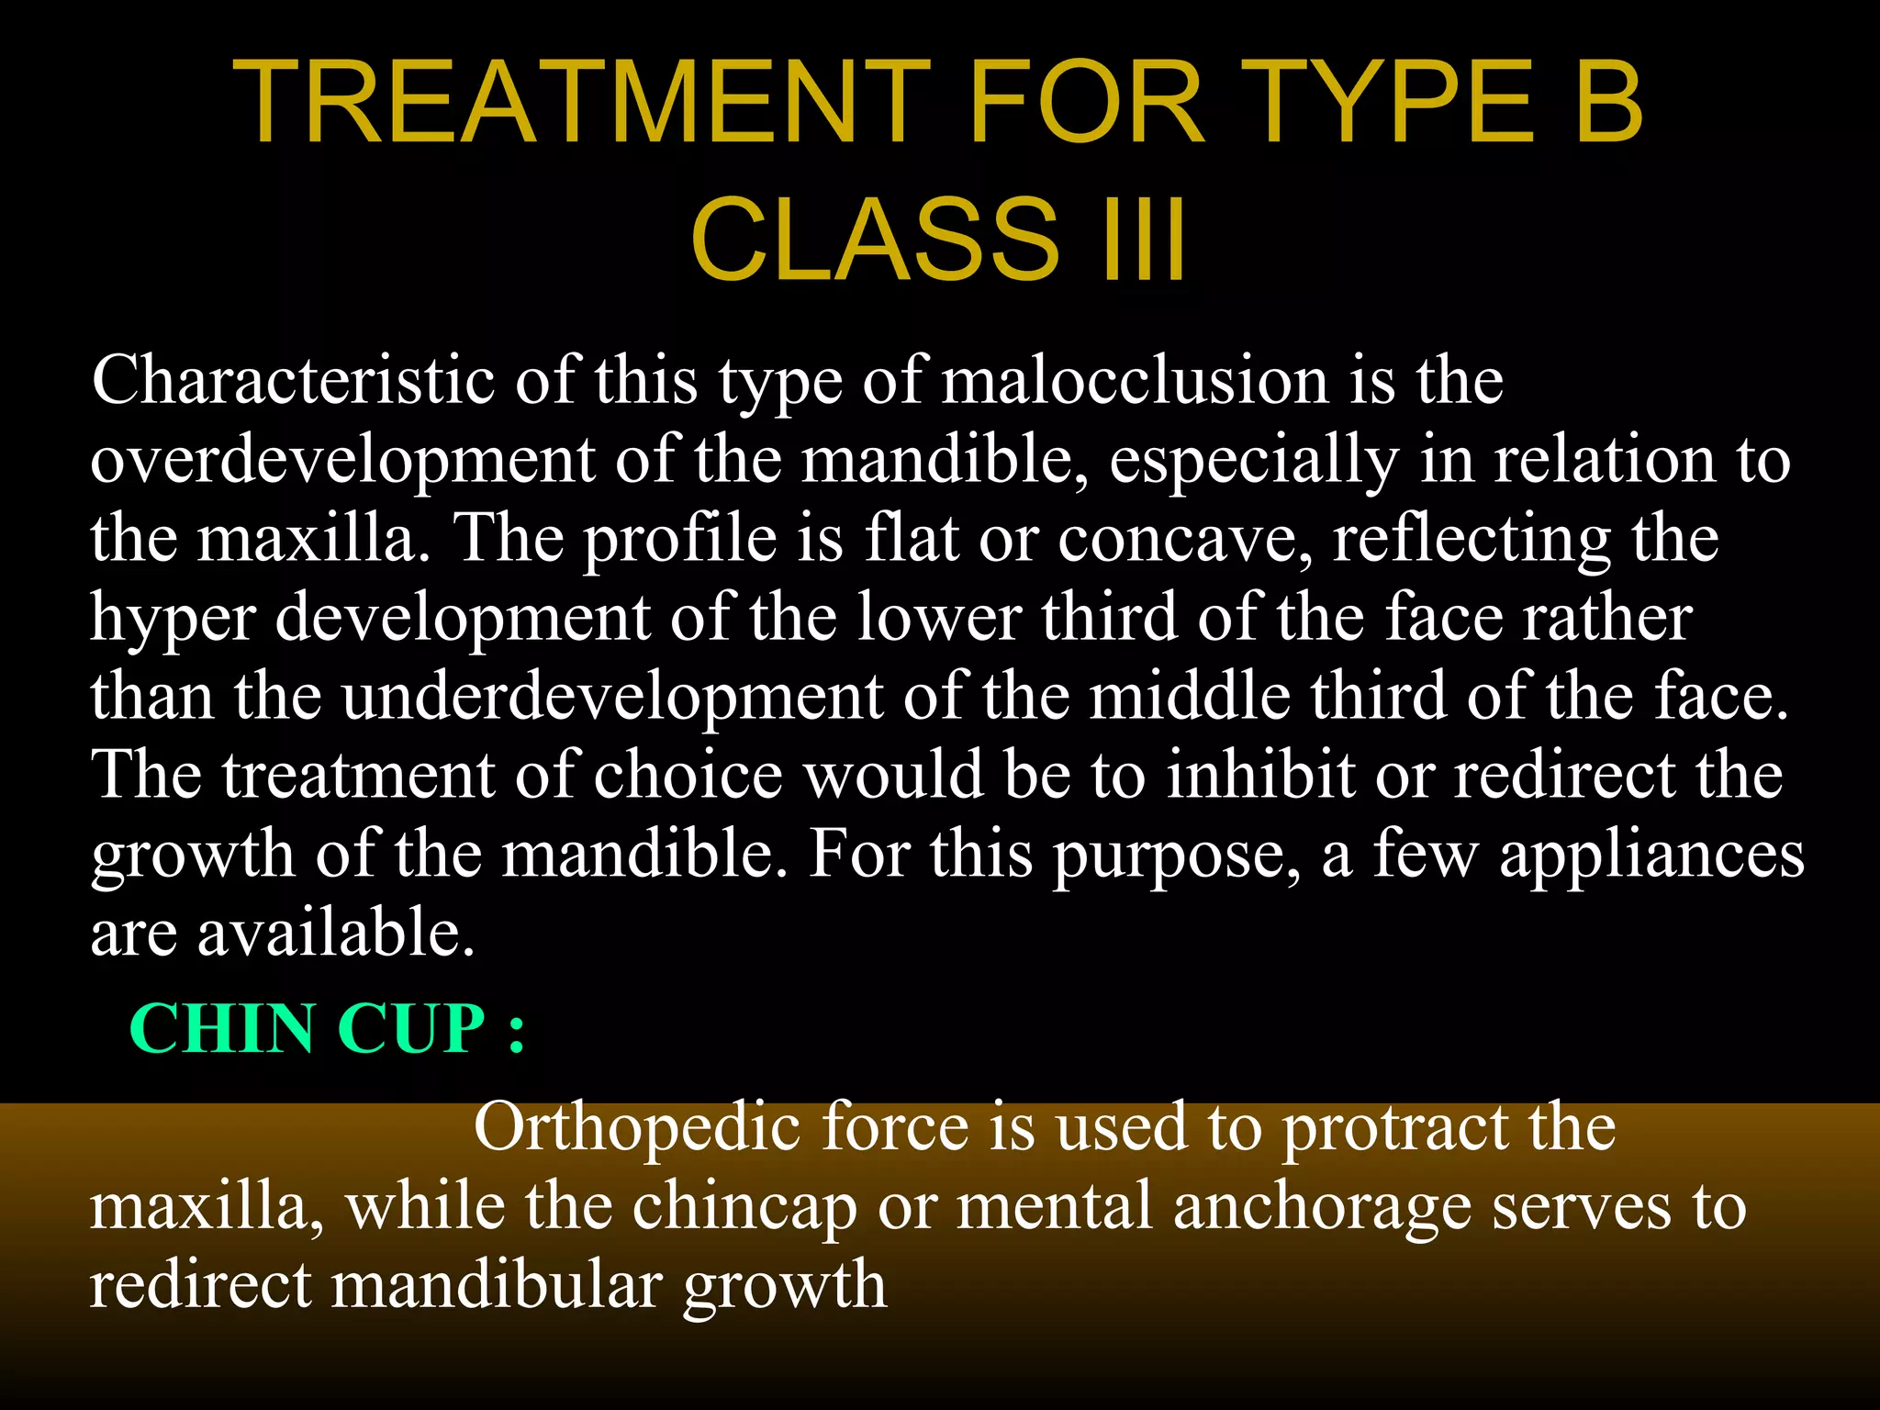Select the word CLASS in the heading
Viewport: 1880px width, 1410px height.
tap(875, 241)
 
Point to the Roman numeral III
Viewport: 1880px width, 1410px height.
tap(1138, 241)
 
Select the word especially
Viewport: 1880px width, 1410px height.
tap(1254, 461)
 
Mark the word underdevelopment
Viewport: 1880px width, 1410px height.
tap(612, 696)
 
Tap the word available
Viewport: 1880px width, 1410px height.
tap(336, 932)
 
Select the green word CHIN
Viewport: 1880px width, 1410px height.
tap(222, 1028)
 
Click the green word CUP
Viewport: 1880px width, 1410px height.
tap(411, 1028)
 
